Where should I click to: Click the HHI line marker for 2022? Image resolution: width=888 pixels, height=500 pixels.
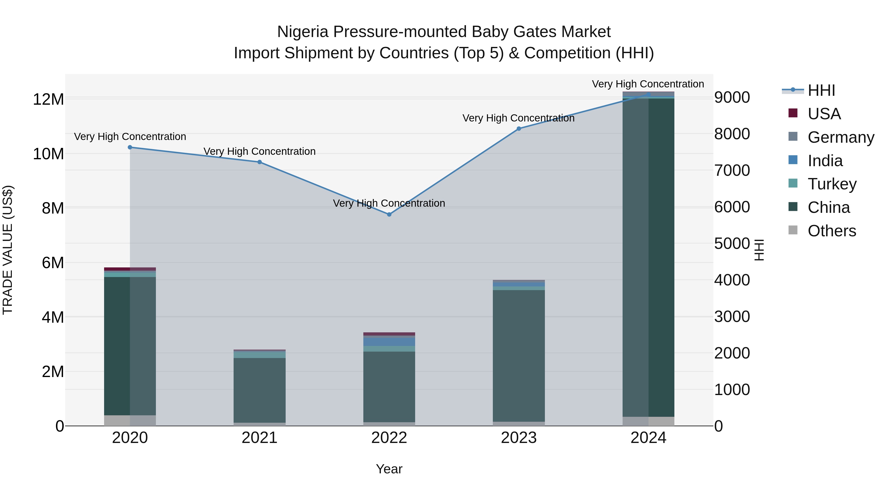tap(389, 214)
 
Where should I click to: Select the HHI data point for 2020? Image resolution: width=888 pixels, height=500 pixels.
tap(130, 147)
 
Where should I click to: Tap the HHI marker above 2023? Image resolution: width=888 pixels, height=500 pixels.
tap(519, 129)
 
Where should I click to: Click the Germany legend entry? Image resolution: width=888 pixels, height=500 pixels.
tap(841, 137)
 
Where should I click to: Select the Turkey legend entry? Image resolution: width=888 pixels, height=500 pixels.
tap(832, 184)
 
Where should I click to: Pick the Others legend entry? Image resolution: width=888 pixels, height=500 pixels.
tap(832, 231)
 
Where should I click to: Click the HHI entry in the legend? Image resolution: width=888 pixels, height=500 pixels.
tap(821, 90)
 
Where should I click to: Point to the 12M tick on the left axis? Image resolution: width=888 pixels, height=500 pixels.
tap(48, 99)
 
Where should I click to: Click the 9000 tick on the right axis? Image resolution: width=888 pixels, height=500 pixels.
tap(732, 97)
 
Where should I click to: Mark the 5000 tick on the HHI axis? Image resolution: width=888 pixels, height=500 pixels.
tap(732, 244)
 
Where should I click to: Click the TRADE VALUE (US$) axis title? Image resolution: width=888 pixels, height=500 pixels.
tap(8, 250)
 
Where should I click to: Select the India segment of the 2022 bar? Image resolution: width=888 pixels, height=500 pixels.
tap(389, 341)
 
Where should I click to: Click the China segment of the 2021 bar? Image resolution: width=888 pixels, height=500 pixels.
tap(259, 390)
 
